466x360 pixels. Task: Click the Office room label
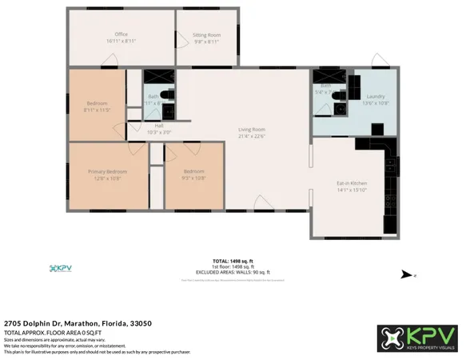pyautogui.click(x=121, y=34)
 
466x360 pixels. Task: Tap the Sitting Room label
pyautogui.click(x=206, y=35)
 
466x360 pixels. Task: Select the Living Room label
pyautogui.click(x=251, y=129)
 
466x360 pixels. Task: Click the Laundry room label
pyautogui.click(x=375, y=96)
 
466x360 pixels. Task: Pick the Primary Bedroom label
pyautogui.click(x=107, y=171)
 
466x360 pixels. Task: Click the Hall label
pyautogui.click(x=159, y=126)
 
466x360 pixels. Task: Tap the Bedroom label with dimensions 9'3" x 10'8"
pyautogui.click(x=193, y=171)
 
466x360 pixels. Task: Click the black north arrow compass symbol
pyautogui.click(x=407, y=274)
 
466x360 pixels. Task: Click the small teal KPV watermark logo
pyautogui.click(x=60, y=268)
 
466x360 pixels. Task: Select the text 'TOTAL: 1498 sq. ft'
pyautogui.click(x=233, y=261)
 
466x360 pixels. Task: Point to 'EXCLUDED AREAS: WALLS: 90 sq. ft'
pyautogui.click(x=233, y=272)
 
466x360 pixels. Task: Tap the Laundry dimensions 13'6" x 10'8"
pyautogui.click(x=375, y=102)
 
